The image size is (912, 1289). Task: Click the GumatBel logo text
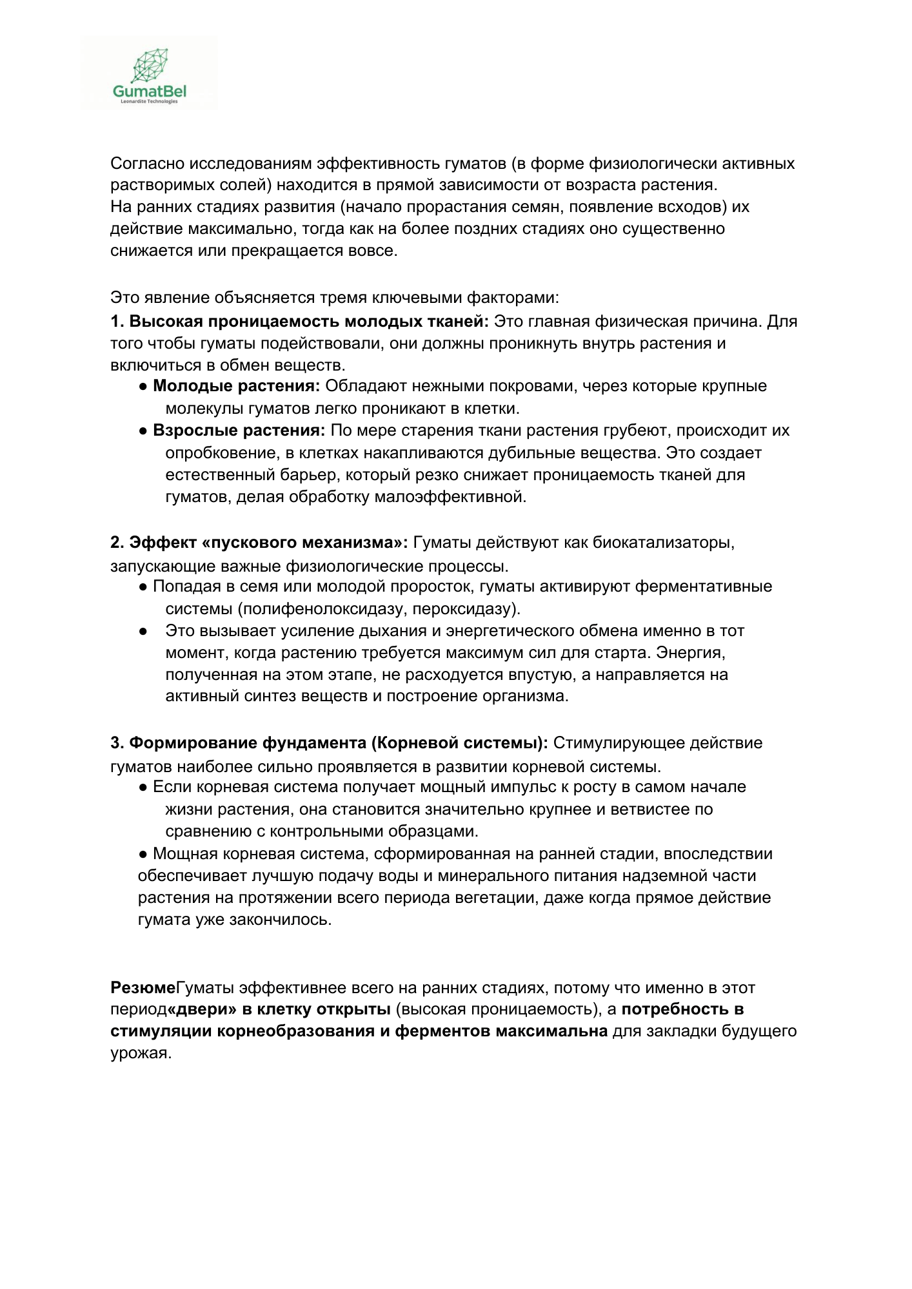(149, 92)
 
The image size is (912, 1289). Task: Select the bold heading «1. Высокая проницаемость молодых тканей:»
(299, 321)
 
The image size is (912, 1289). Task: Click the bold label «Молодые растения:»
(236, 386)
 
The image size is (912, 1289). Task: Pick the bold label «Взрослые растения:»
(239, 431)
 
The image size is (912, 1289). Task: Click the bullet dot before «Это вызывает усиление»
(143, 631)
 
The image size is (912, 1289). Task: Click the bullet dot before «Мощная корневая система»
(143, 854)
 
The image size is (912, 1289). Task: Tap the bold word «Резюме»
(143, 988)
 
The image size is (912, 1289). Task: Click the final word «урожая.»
(141, 1054)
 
